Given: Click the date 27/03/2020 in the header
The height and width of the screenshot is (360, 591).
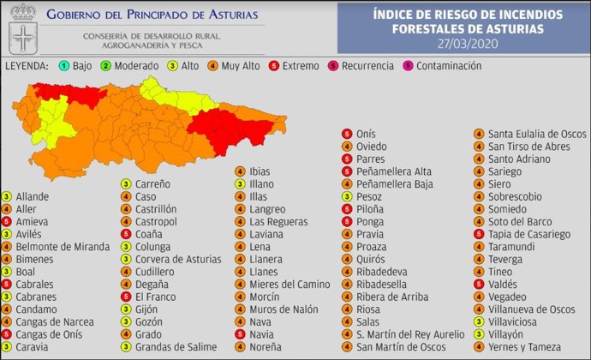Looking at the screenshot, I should click(x=469, y=43).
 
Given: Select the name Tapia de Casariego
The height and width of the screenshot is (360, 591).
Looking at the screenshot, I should click(x=529, y=234).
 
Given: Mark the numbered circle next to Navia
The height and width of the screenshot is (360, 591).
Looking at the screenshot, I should click(x=241, y=334).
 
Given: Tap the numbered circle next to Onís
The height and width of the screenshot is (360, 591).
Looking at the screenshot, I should click(x=347, y=134).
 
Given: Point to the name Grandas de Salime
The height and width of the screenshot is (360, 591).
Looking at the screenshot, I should click(x=170, y=347).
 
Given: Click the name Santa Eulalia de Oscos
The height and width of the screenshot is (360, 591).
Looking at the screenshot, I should click(x=535, y=134).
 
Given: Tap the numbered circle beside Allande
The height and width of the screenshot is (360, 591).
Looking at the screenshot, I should click(x=7, y=196).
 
